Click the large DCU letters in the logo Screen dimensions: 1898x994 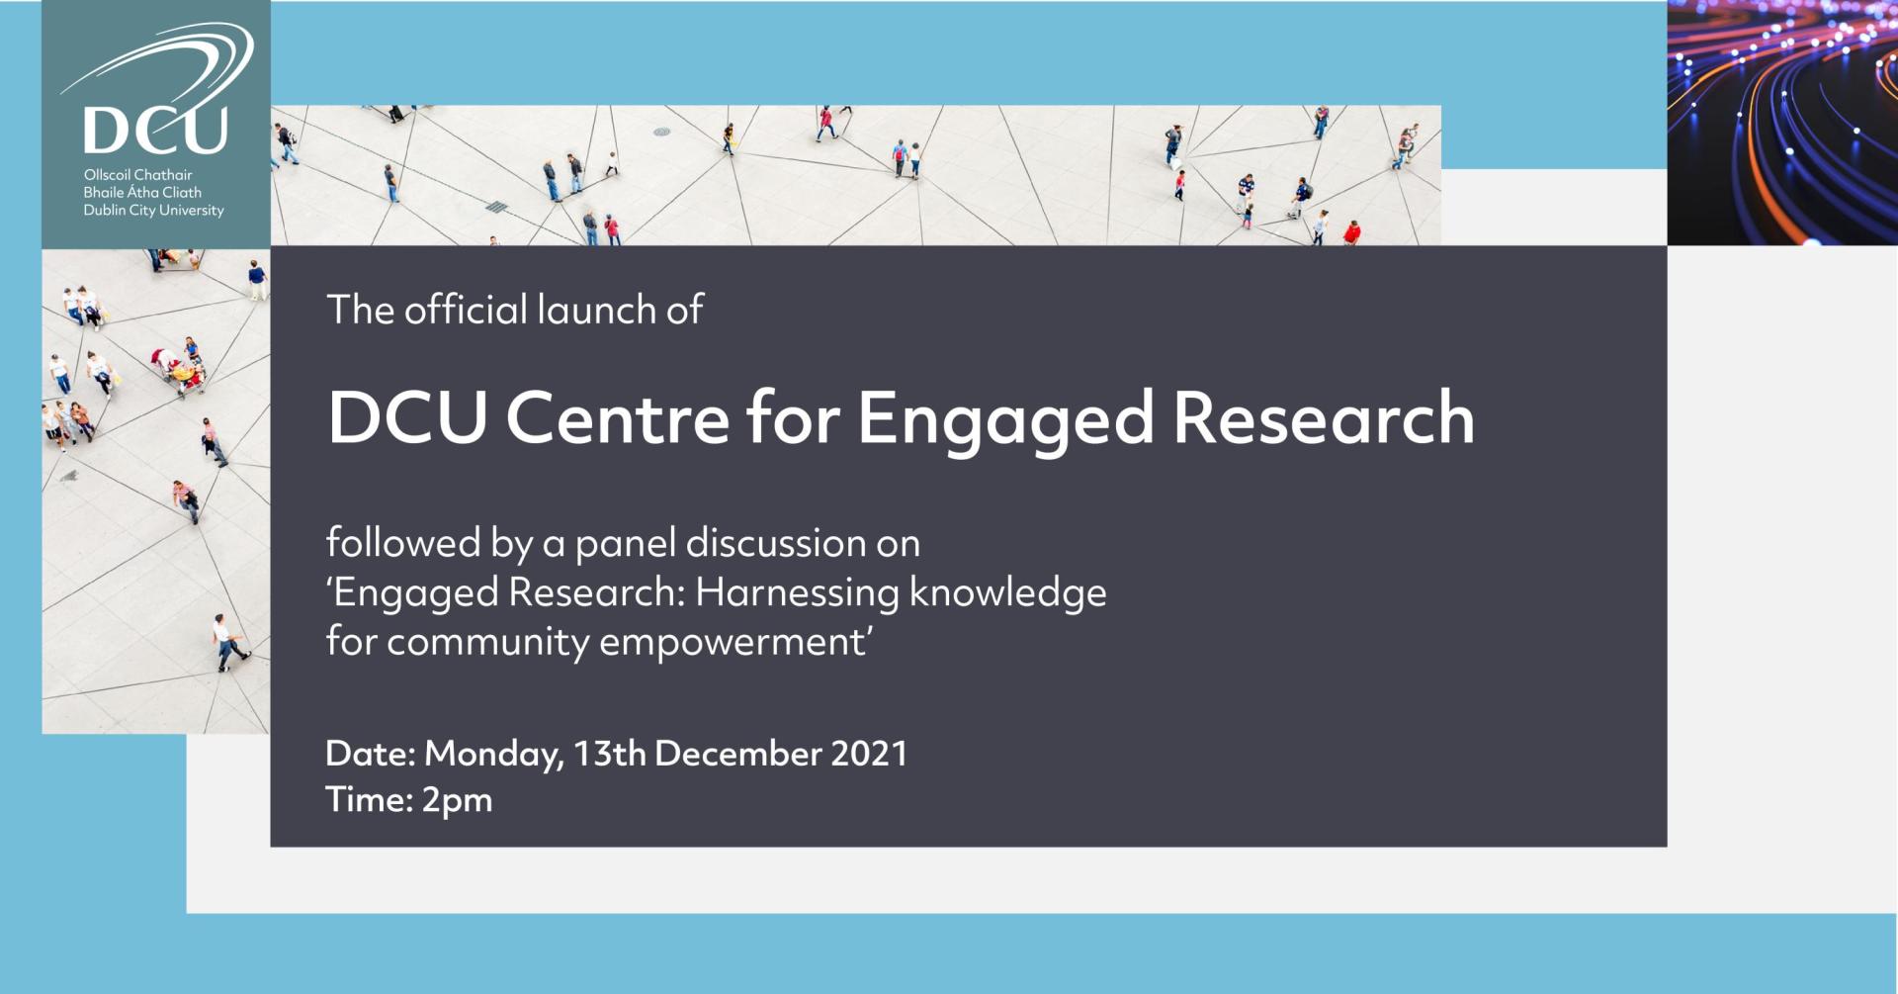click(x=156, y=130)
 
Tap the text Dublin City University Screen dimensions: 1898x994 click(x=153, y=211)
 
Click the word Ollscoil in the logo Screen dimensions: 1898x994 click(x=107, y=175)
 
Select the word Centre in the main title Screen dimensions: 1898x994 click(x=618, y=417)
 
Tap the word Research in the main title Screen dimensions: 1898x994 click(x=1324, y=417)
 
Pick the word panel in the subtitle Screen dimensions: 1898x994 click(x=625, y=544)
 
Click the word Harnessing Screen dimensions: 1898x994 click(x=797, y=593)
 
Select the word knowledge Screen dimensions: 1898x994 click(x=1007, y=593)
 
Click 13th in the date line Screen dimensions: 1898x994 click(x=610, y=754)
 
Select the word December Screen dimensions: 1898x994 click(x=737, y=754)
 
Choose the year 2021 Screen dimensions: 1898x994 click(x=869, y=754)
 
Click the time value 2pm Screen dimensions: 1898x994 click(x=457, y=801)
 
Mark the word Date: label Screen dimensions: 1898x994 click(x=370, y=754)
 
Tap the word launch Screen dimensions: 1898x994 click(x=596, y=310)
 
